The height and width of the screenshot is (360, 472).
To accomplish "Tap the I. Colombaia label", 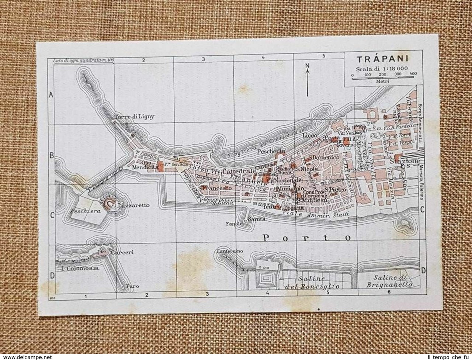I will point(80,268).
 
